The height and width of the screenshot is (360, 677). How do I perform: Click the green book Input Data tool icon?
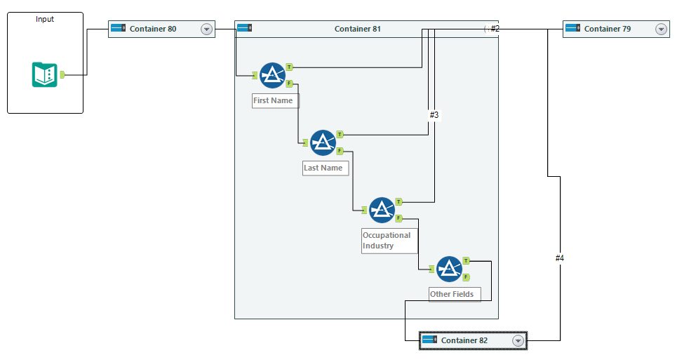[x=44, y=74]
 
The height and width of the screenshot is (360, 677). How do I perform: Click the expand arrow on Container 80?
[x=206, y=29]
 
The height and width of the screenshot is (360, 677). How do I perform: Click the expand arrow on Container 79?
[x=661, y=29]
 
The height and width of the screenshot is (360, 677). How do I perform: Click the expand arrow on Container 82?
[x=518, y=340]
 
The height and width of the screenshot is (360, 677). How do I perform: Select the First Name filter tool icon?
[x=272, y=75]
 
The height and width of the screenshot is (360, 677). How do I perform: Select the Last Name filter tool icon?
[x=323, y=142]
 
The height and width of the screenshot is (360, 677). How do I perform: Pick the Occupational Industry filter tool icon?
[x=382, y=210]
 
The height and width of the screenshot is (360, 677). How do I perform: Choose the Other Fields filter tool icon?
[x=449, y=269]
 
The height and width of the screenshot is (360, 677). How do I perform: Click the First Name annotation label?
[x=273, y=100]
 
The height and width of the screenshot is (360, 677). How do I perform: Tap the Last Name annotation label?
[x=323, y=168]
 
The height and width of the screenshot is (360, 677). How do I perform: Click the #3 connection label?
[x=434, y=114]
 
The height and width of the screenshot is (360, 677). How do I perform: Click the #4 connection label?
[x=559, y=258]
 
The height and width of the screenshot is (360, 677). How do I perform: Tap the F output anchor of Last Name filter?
[x=340, y=150]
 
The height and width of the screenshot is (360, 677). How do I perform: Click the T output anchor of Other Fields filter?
[x=466, y=261]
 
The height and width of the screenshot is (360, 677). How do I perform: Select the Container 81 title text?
[x=358, y=29]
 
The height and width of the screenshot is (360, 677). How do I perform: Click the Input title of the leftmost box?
[x=45, y=19]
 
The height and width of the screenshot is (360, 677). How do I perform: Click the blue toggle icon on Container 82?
[x=429, y=340]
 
